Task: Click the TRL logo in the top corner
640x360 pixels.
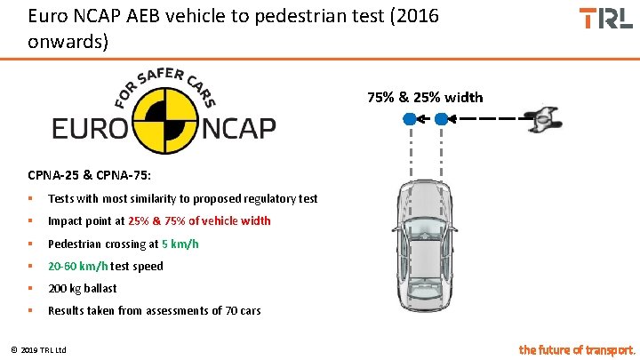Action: tap(605, 18)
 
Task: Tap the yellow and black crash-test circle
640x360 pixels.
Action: tap(164, 127)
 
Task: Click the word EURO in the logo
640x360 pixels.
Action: tap(90, 129)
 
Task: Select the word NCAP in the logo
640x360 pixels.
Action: tap(237, 129)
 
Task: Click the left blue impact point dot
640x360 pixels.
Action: tap(408, 118)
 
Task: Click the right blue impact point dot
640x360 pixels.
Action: tap(443, 118)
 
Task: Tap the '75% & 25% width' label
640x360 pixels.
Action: tap(425, 97)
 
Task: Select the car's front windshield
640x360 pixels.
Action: tap(426, 221)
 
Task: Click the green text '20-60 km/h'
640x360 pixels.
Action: tap(77, 266)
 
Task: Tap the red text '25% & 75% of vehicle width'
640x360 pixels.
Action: tap(199, 220)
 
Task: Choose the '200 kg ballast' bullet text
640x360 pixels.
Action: tap(82, 288)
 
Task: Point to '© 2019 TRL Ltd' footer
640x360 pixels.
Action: tap(42, 348)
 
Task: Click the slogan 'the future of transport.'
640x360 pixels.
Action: tap(577, 349)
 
